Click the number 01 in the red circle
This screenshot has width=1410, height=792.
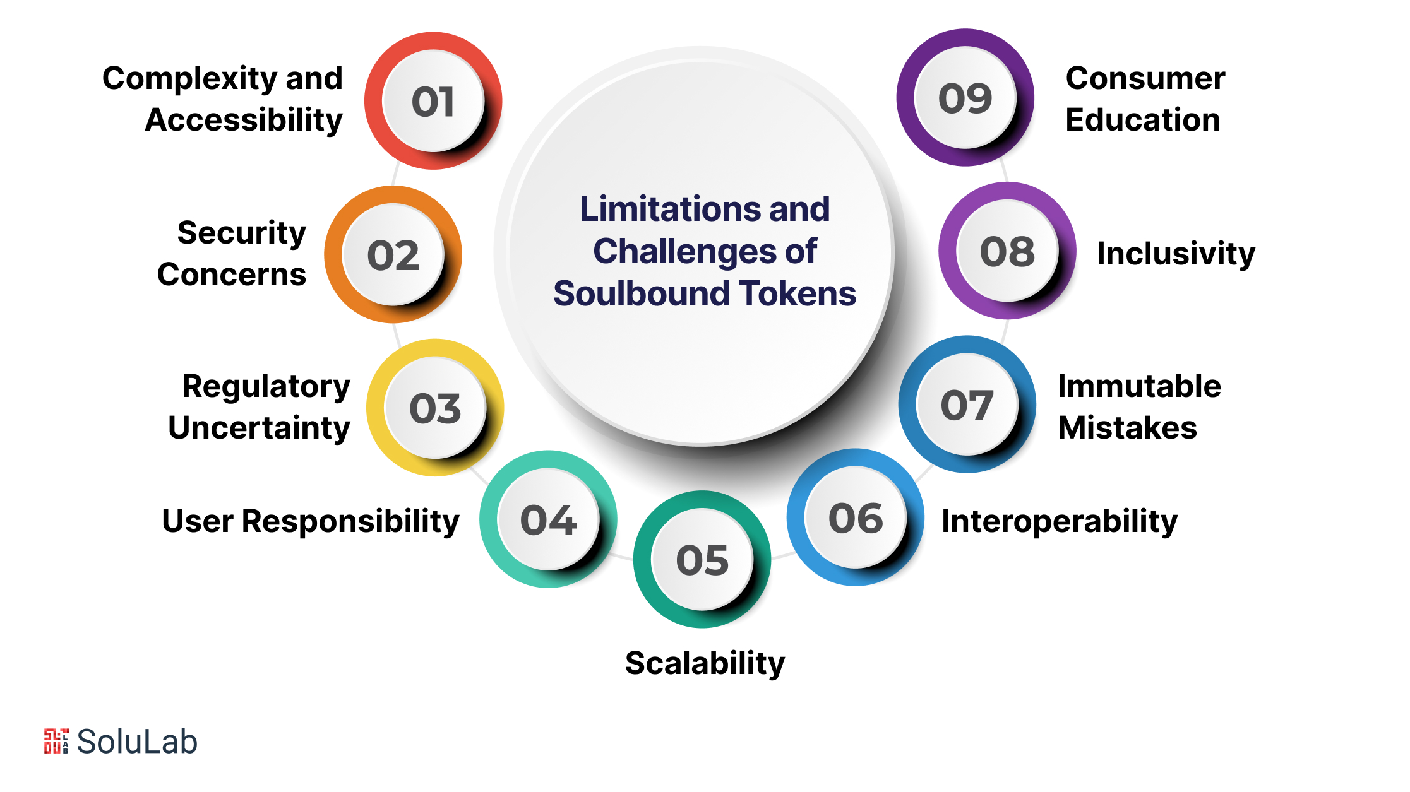point(433,102)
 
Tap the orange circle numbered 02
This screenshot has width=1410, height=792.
point(393,254)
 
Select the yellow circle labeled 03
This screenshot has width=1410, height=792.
point(435,408)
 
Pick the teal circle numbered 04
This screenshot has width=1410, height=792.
point(548,519)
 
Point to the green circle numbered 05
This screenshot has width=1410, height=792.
point(702,559)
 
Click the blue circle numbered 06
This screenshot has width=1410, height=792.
point(856,517)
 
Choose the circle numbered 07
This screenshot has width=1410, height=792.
point(967,405)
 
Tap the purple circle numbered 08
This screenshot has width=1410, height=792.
point(1008,251)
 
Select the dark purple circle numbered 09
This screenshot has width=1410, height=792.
point(965,98)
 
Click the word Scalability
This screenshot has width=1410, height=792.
point(705,664)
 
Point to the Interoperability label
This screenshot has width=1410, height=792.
point(1060,522)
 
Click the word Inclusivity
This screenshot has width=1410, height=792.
point(1176,254)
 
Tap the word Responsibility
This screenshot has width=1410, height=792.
point(350,522)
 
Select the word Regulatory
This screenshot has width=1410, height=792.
point(266,387)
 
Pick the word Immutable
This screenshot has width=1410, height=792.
point(1140,386)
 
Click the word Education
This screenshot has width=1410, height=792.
point(1143,120)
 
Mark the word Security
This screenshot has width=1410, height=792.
point(242,233)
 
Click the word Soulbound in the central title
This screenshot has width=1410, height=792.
point(642,293)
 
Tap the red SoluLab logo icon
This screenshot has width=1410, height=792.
point(56,741)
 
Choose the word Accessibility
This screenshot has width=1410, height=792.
point(244,120)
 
